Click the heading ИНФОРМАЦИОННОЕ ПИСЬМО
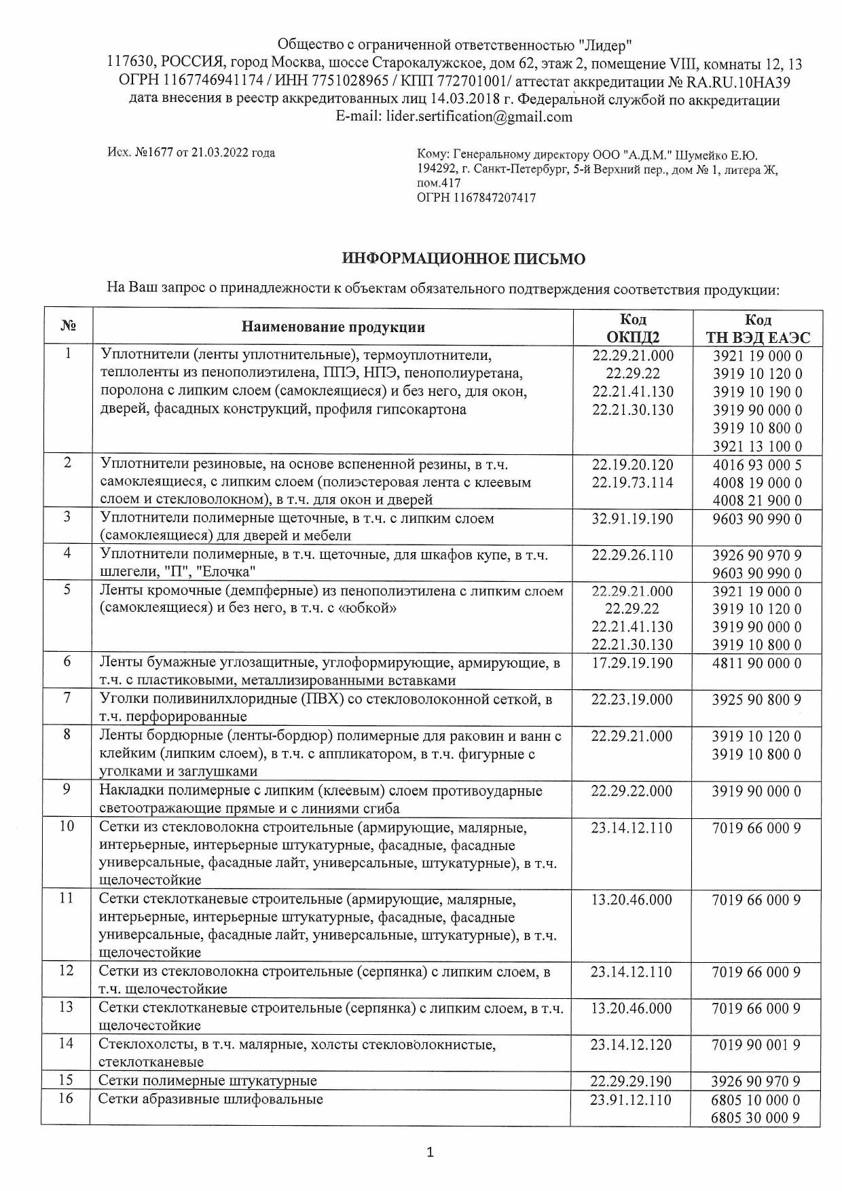[x=464, y=259]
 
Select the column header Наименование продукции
[x=333, y=328]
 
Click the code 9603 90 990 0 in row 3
[x=757, y=519]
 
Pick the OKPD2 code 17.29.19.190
[x=632, y=662]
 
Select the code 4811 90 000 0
[x=757, y=663]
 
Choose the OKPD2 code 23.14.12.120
[x=632, y=1044]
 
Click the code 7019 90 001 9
[x=757, y=1044]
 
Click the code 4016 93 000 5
[x=757, y=465]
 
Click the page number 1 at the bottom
[x=429, y=1152]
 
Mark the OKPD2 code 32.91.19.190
[x=632, y=519]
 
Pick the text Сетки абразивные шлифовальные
[x=210, y=1099]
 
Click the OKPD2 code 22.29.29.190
[x=632, y=1081]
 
